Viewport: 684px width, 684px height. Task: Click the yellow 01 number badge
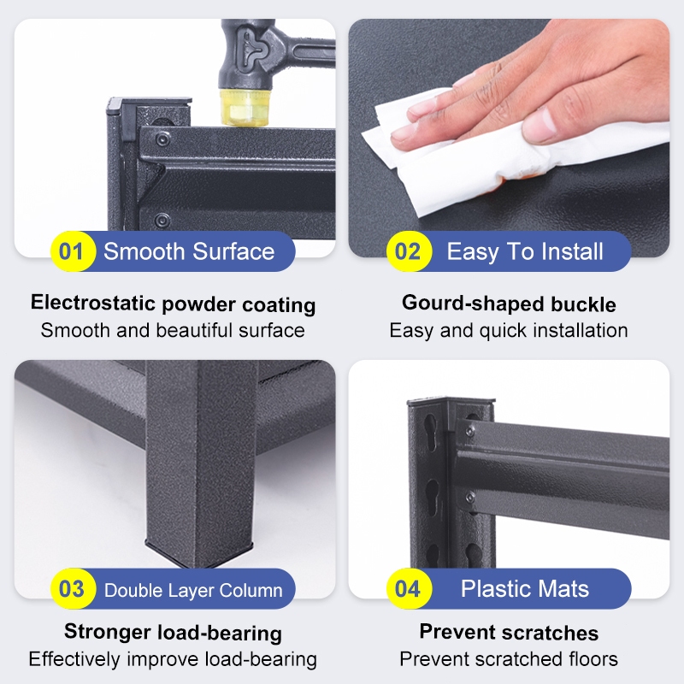pos(73,251)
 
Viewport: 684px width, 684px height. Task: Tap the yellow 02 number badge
pos(409,251)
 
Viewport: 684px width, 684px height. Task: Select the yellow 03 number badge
pos(73,588)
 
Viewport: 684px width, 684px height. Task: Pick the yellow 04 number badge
pos(409,588)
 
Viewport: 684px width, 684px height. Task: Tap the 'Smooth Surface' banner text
pos(189,251)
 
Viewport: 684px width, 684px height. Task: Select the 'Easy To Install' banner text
pos(525,252)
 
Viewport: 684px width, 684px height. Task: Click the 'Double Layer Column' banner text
pos(193,590)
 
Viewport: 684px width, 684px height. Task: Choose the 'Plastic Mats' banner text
pos(525,588)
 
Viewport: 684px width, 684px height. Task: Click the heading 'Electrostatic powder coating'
pos(174,304)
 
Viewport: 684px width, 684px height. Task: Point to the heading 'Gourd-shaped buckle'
pos(509,304)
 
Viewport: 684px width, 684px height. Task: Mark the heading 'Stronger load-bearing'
pos(174,633)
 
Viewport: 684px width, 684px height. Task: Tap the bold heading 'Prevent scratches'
pos(509,632)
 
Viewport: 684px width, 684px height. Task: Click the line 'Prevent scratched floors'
pos(509,659)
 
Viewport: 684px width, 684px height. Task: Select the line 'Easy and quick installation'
pos(509,331)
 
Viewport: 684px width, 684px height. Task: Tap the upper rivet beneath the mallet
pos(163,139)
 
